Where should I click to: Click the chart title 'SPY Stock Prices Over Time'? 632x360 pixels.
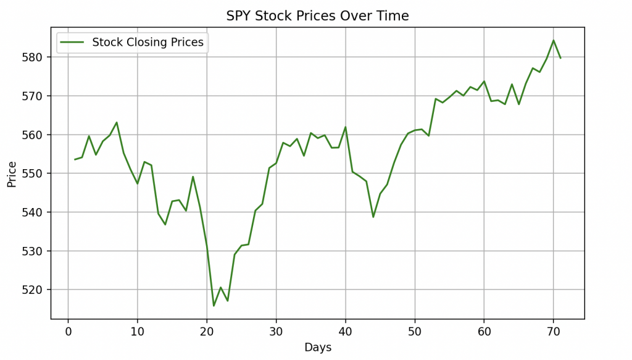(x=317, y=16)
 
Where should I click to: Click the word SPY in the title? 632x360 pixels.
(x=238, y=16)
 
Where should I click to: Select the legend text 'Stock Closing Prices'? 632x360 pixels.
(x=148, y=43)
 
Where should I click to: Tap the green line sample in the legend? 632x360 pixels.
(x=73, y=43)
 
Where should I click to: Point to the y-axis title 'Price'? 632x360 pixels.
(x=12, y=174)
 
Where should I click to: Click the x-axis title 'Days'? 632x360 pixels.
(x=317, y=348)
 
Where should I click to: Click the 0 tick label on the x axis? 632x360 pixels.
(x=68, y=332)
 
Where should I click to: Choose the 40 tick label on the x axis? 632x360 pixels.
(x=345, y=332)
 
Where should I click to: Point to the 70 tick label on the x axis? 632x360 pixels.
(x=553, y=332)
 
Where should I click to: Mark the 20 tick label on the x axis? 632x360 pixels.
(x=207, y=332)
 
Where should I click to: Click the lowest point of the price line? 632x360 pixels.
(x=214, y=306)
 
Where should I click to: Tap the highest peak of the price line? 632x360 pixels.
(x=553, y=40)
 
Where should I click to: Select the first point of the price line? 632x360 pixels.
(x=75, y=159)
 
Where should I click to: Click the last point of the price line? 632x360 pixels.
(x=560, y=58)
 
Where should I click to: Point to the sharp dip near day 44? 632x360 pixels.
(x=373, y=217)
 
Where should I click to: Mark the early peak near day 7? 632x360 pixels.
(x=117, y=122)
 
